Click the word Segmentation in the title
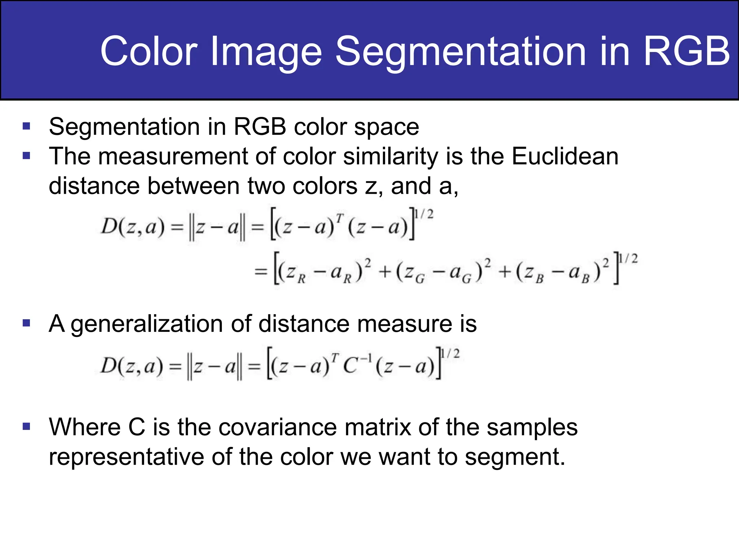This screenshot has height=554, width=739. [x=460, y=51]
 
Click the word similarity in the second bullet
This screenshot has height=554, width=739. [x=390, y=157]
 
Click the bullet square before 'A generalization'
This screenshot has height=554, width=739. [x=26, y=322]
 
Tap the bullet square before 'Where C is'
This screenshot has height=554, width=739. [x=26, y=426]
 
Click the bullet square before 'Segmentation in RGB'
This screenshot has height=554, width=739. [x=26, y=126]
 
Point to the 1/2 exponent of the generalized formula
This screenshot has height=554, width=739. [x=451, y=354]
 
